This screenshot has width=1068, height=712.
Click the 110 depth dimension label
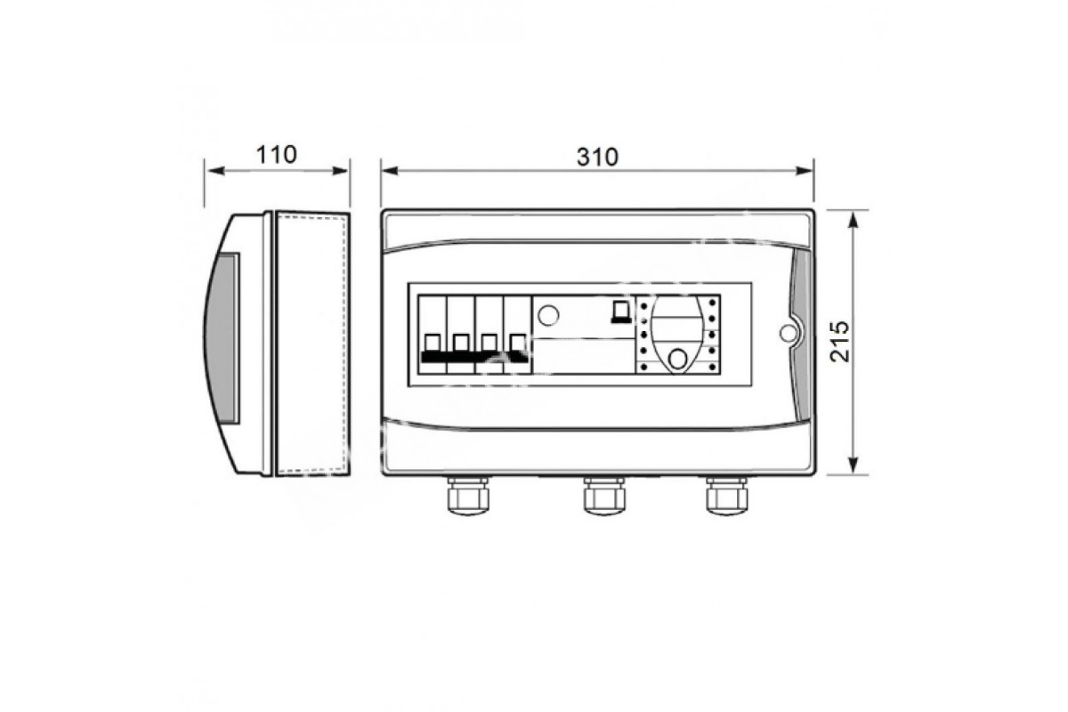coord(277,155)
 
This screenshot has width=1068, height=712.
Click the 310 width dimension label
coord(597,157)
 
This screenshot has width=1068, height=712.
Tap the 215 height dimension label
coord(839,342)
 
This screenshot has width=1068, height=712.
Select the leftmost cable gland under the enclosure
coord(468,496)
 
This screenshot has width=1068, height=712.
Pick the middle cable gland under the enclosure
coord(604,496)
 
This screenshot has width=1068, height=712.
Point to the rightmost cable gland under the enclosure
coord(726,496)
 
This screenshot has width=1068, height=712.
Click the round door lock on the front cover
coord(789,333)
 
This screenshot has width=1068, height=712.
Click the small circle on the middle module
coord(548,315)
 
